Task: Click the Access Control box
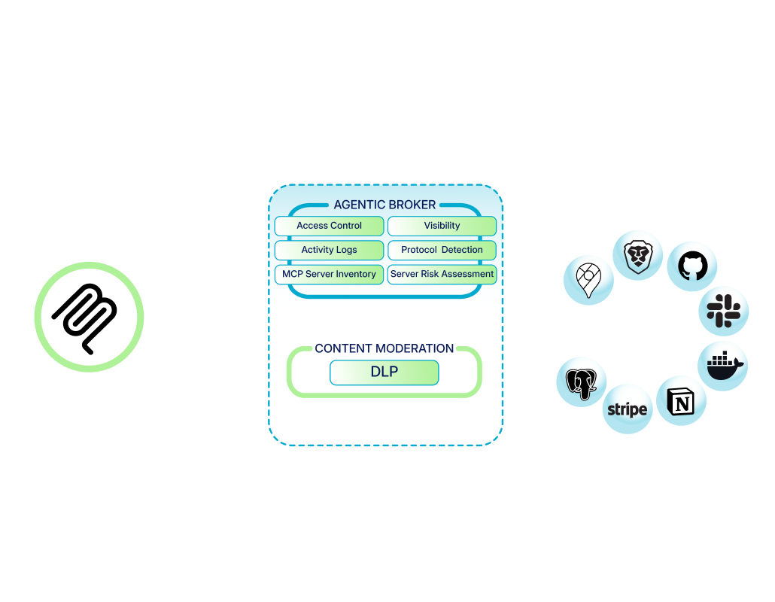coord(329,226)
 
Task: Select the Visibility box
coord(442,226)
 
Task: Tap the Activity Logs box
coord(329,250)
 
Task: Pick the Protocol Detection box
coord(442,250)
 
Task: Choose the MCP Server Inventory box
coord(329,274)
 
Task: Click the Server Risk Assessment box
coord(442,274)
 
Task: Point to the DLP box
coord(384,372)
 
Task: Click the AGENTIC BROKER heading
coord(384,205)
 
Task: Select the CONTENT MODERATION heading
coord(384,348)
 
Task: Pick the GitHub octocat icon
coord(692,266)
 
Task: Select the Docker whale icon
coord(724,365)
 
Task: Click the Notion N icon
coord(682,401)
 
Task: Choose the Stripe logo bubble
coord(627,409)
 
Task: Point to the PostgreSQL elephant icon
coord(581,382)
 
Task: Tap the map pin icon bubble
coord(588,278)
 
